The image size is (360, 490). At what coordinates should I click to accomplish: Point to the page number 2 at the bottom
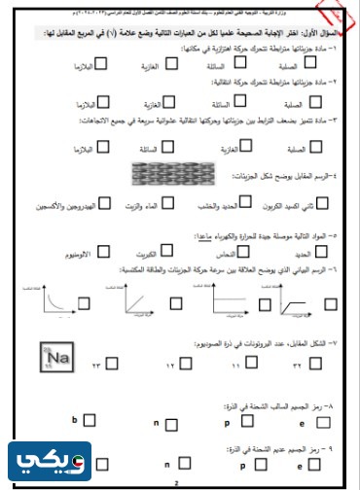click(177, 482)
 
